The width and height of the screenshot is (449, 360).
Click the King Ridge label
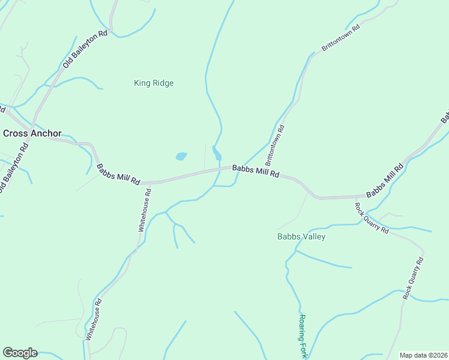tap(154, 83)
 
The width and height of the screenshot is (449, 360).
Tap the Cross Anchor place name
tap(32, 133)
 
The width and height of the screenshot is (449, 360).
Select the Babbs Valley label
tap(301, 237)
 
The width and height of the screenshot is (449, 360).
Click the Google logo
tap(20, 353)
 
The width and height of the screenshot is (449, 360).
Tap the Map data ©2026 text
tap(424, 355)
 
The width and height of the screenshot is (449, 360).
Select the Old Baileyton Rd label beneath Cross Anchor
tap(13, 168)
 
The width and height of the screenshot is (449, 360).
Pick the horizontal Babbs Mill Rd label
tap(256, 171)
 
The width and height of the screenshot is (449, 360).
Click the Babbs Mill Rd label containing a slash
tap(118, 175)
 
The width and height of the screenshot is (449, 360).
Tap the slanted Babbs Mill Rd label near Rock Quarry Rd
tap(384, 180)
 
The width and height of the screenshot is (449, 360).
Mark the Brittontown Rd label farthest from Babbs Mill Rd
tap(340, 37)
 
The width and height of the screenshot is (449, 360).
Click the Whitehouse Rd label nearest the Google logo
tap(94, 320)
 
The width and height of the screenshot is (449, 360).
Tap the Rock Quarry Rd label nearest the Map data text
tap(414, 278)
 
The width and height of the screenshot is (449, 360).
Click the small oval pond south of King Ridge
tap(181, 157)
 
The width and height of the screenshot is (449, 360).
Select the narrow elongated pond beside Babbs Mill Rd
tap(217, 153)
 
